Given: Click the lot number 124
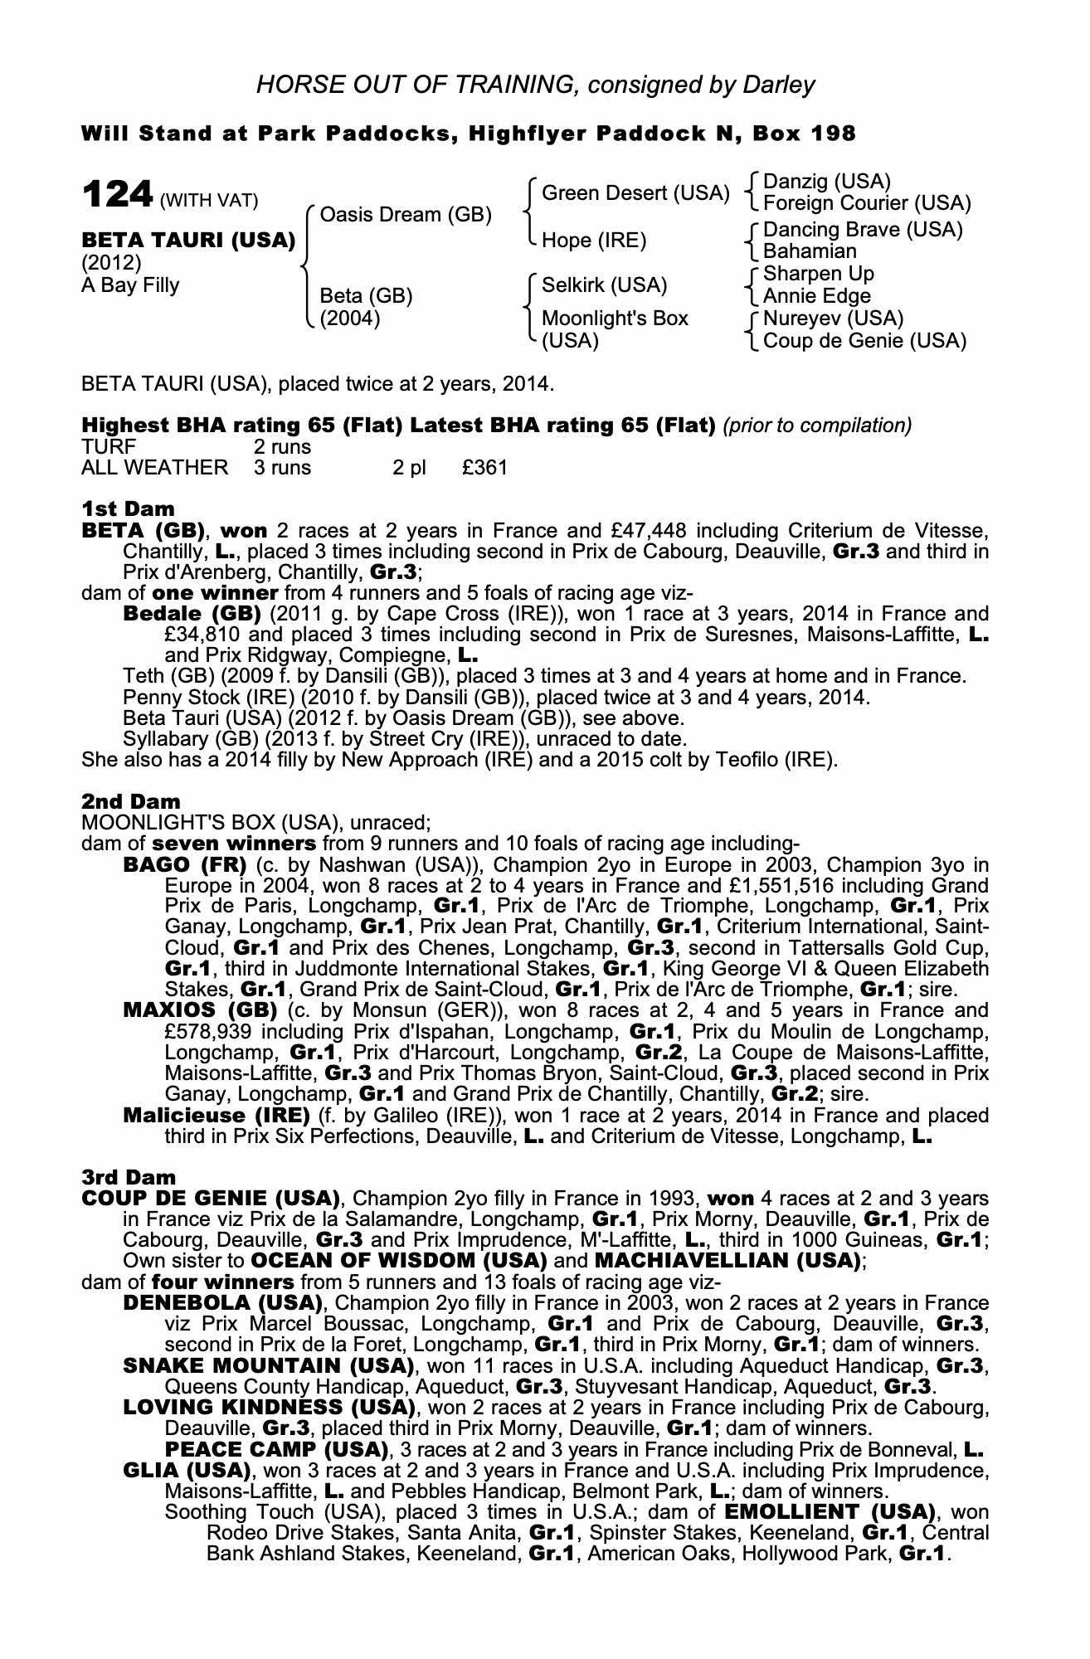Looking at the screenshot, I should click(x=117, y=196).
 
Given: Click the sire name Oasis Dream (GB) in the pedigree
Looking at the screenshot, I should click(x=406, y=215).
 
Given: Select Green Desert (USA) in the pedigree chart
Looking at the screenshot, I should click(x=635, y=193).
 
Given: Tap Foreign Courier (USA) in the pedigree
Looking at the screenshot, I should click(x=866, y=203).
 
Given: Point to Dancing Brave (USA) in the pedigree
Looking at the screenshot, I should click(x=863, y=230).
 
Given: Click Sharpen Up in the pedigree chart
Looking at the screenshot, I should click(x=818, y=274).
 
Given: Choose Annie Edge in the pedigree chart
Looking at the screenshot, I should click(x=816, y=296).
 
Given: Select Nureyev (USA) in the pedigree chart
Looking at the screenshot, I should click(x=833, y=319).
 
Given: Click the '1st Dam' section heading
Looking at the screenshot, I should click(x=128, y=508).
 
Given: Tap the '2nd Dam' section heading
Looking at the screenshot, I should click(x=130, y=801).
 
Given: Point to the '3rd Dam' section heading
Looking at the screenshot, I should click(x=129, y=1177).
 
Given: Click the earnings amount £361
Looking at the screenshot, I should click(x=484, y=468).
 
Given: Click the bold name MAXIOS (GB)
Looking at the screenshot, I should click(x=199, y=1010).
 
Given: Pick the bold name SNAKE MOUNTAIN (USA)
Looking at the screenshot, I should click(x=267, y=1365).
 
